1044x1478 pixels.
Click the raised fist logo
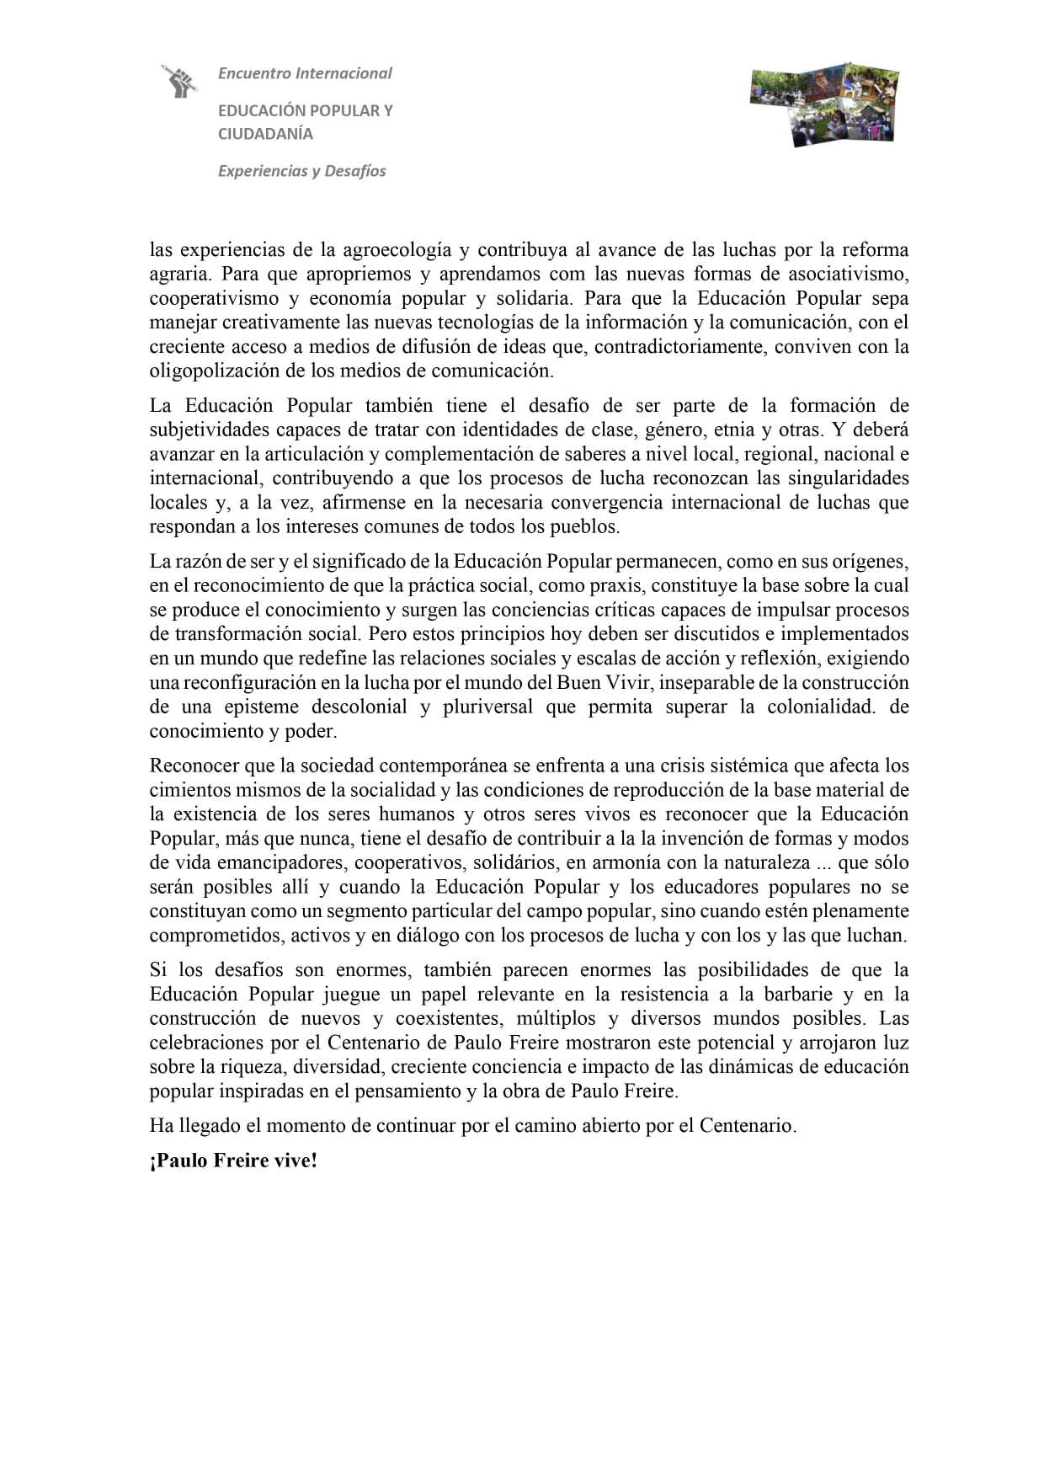(x=179, y=81)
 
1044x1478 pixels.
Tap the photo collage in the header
(x=824, y=103)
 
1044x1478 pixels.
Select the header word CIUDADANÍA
(x=265, y=134)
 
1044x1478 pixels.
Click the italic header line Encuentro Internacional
(x=305, y=73)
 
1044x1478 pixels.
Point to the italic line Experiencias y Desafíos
(x=301, y=171)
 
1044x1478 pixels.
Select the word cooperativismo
(x=214, y=299)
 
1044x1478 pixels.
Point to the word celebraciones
(x=206, y=1043)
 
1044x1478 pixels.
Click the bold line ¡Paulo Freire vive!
(x=233, y=1161)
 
